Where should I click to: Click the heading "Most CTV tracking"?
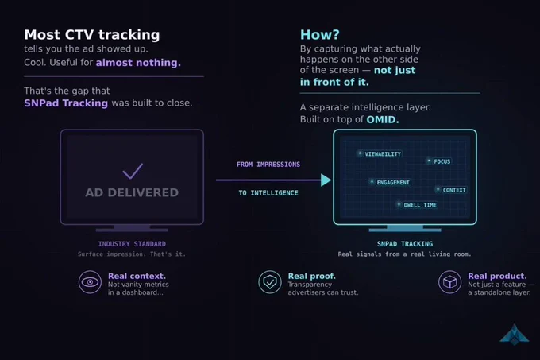[x=92, y=35]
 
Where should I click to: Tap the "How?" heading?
[x=319, y=34]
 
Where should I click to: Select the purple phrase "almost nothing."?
[x=138, y=62]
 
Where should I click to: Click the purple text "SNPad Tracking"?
[x=66, y=103]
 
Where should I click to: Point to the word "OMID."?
[x=383, y=119]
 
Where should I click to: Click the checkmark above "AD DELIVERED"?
[x=133, y=171]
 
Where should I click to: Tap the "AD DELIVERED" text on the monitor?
[x=132, y=192]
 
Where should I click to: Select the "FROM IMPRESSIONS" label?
[x=268, y=165]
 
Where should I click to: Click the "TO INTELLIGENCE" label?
[x=268, y=193]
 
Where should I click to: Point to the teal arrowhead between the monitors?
[x=326, y=180]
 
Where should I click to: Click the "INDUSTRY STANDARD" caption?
[x=132, y=244]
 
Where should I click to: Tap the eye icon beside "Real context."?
[x=90, y=282]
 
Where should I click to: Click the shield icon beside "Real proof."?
[x=270, y=282]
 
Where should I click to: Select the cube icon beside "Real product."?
[x=449, y=282]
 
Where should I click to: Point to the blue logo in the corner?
[x=514, y=335]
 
